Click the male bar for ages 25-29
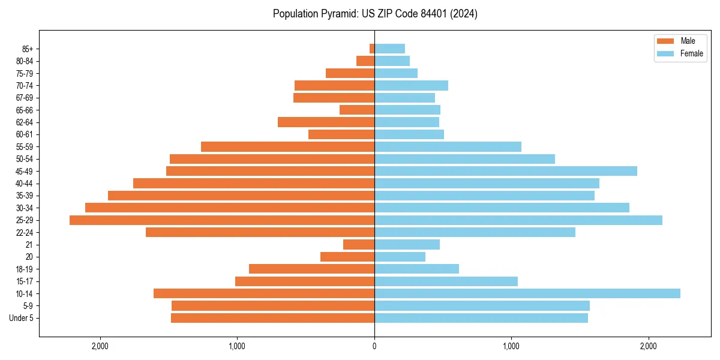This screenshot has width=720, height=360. tap(222, 220)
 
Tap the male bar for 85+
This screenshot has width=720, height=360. tap(372, 49)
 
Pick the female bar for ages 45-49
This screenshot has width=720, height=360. tap(505, 171)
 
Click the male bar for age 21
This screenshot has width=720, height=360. tap(359, 245)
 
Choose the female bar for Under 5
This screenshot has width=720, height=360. tap(481, 318)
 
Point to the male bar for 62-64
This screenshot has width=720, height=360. tap(326, 122)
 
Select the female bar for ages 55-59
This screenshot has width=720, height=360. tap(448, 146)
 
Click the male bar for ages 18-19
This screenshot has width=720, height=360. tap(311, 269)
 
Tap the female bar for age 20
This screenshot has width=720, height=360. tap(400, 257)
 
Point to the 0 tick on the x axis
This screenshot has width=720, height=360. tap(374, 346)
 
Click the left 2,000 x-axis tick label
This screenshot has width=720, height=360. tap(100, 346)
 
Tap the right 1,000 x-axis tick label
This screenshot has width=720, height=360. tap(511, 346)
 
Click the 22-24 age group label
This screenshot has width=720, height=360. tap(25, 233)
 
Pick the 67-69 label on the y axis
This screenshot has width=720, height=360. tap(25, 98)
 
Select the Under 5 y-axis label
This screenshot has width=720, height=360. tap(22, 318)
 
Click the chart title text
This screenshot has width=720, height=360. tap(375, 14)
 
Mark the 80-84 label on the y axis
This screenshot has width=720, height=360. tap(25, 61)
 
